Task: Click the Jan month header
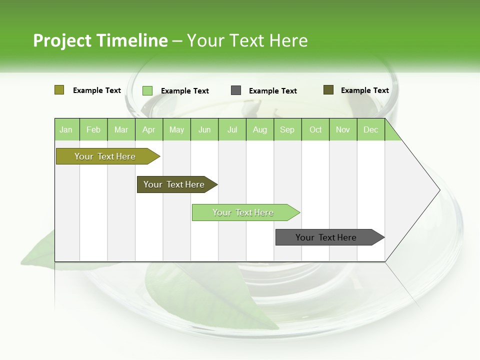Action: coord(66,130)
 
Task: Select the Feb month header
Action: coord(93,130)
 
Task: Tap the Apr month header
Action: coord(148,130)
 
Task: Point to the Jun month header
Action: coord(204,130)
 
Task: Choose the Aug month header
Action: coord(259,130)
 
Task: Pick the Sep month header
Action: coord(287,130)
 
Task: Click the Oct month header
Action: coord(315,130)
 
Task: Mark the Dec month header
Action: coord(370,130)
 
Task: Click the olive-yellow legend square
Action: coord(59,90)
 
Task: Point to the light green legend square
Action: coord(147,90)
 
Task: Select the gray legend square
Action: coord(236,90)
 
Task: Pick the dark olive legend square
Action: coord(328,90)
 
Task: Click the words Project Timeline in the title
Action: coord(100,40)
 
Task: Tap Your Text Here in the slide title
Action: coord(247,40)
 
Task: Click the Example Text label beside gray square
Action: coord(273,91)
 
